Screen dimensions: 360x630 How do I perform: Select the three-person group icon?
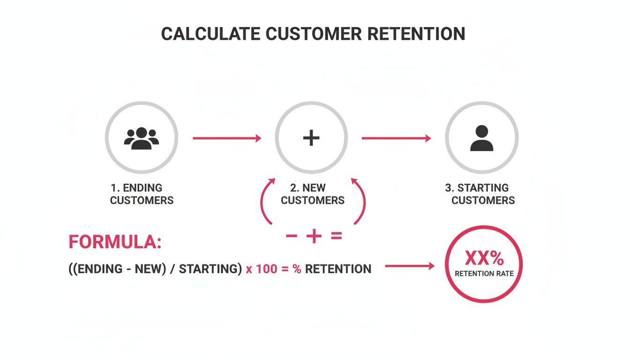(x=142, y=138)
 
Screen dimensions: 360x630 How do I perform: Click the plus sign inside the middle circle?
(x=311, y=138)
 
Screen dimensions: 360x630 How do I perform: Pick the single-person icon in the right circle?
(x=481, y=138)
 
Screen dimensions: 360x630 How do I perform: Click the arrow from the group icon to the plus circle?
(x=227, y=138)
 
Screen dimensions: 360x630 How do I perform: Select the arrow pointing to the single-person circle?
(x=396, y=138)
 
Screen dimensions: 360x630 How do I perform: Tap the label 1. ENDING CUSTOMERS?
(x=142, y=194)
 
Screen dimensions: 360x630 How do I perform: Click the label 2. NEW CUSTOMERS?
(x=312, y=194)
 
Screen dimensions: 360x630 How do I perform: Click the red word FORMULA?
(x=115, y=242)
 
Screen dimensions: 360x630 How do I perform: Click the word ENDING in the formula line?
(x=99, y=269)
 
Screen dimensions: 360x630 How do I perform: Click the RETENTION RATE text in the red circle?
(x=484, y=274)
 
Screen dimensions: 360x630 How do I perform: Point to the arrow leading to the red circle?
(x=410, y=266)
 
